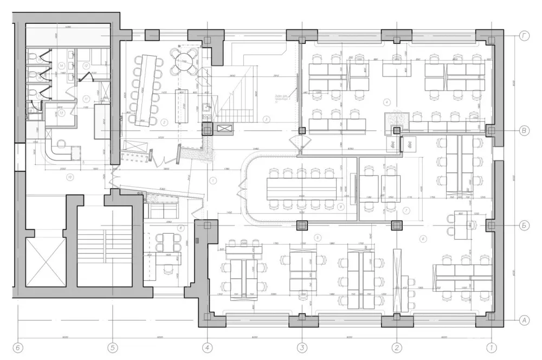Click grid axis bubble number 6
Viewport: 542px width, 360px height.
(18, 347)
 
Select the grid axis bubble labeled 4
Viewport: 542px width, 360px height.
(207, 347)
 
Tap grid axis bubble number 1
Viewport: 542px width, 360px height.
(492, 347)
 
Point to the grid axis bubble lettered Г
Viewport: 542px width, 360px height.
(524, 36)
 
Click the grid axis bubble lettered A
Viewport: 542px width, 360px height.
(524, 320)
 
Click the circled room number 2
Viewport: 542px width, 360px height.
(163, 122)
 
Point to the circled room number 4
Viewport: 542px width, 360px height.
(386, 101)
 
